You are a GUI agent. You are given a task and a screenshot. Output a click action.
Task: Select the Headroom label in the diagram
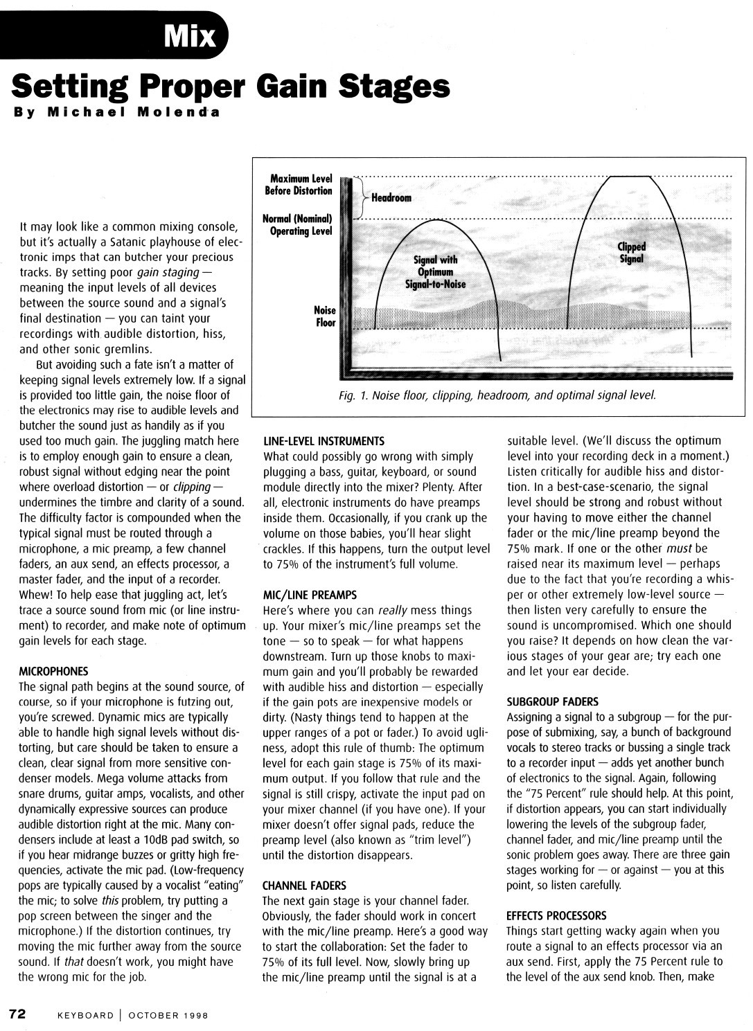[391, 198]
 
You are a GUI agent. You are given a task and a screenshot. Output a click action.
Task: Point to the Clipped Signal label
[631, 253]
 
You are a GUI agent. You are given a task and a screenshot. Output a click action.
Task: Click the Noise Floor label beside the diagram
[324, 316]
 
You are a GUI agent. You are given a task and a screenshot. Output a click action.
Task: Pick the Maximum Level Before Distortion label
[299, 185]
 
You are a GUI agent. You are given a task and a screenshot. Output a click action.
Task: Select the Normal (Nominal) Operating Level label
[298, 225]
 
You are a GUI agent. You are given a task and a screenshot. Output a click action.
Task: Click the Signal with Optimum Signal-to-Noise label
[435, 272]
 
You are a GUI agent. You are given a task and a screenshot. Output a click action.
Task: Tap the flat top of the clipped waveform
[630, 177]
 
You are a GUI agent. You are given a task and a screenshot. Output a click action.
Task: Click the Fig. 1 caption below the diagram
[497, 395]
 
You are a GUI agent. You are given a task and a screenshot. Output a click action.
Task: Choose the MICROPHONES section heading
[53, 672]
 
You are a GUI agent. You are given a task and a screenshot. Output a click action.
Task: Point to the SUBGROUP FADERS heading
[553, 701]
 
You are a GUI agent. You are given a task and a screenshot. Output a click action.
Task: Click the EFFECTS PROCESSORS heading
[556, 915]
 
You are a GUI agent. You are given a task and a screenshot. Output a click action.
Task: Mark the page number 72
[17, 1014]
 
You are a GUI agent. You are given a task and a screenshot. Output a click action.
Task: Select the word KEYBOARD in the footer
[85, 1016]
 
